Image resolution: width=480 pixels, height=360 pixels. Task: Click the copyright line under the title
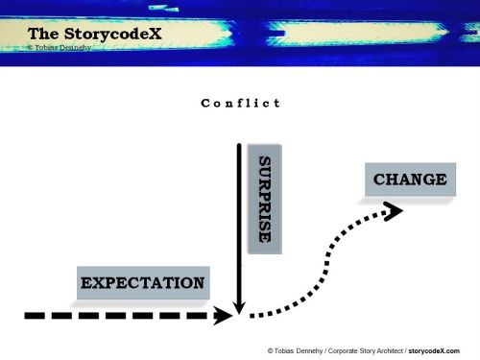tap(60, 46)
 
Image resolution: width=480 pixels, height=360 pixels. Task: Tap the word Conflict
tap(241, 103)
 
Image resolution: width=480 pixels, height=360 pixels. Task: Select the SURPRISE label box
tap(265, 199)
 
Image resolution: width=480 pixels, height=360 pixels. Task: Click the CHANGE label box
tap(409, 180)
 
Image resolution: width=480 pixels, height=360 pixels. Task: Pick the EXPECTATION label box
tap(143, 283)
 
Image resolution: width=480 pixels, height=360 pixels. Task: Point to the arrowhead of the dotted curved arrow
tap(394, 210)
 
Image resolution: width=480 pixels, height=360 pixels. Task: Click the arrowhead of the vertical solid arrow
tap(236, 308)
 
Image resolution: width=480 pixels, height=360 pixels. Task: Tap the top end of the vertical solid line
tap(236, 144)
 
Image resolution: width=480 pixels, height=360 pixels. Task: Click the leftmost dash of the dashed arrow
tap(34, 314)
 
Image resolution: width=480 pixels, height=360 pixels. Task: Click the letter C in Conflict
tap(205, 103)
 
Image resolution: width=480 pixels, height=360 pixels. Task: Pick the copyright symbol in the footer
tap(271, 350)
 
